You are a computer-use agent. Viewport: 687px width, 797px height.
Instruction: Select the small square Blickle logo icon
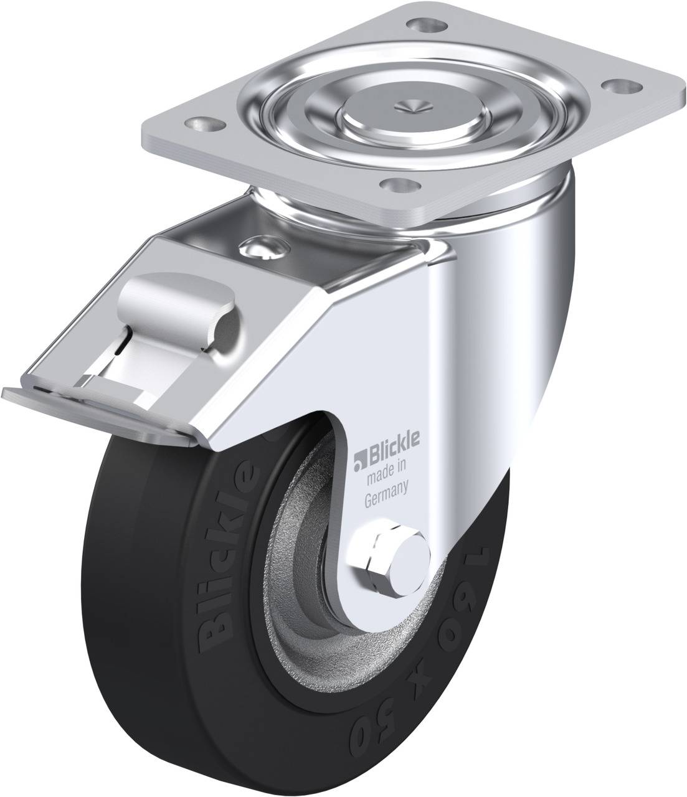359,461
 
